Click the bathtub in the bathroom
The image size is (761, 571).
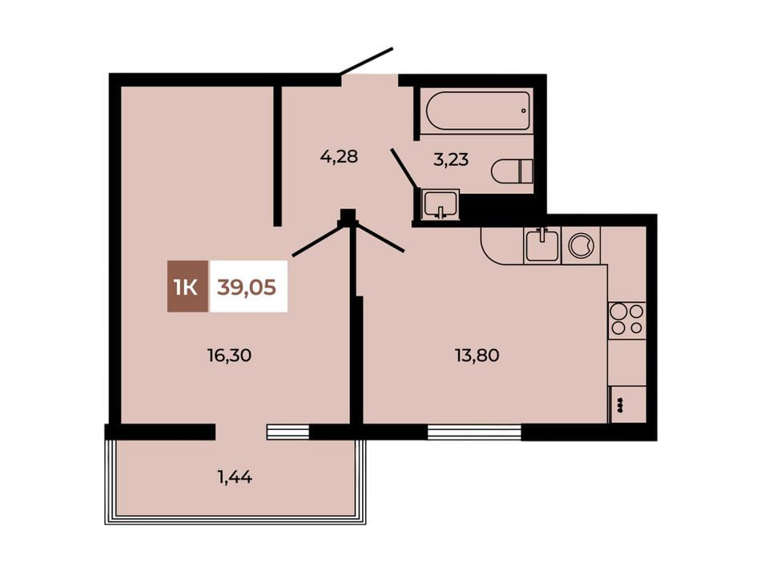tap(477, 111)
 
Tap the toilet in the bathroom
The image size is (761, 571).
tap(512, 171)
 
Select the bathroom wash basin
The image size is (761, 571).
tap(440, 203)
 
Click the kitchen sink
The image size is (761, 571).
tap(542, 245)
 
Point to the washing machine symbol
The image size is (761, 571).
tap(581, 246)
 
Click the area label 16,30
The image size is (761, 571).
tap(229, 356)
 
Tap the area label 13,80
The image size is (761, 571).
tap(477, 356)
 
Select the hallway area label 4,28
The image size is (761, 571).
tap(339, 157)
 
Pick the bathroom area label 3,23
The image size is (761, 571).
tap(451, 159)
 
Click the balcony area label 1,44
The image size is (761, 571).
tap(235, 477)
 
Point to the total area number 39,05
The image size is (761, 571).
tap(247, 288)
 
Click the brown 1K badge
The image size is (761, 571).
tap(187, 286)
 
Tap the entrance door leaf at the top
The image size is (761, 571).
tap(366, 61)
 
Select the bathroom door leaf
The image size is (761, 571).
tap(403, 168)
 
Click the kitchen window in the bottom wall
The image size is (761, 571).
tap(474, 432)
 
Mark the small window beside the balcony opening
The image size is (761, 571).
tap(288, 432)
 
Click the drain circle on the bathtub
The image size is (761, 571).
tap(523, 111)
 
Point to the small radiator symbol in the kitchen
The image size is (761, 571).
tap(620, 404)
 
